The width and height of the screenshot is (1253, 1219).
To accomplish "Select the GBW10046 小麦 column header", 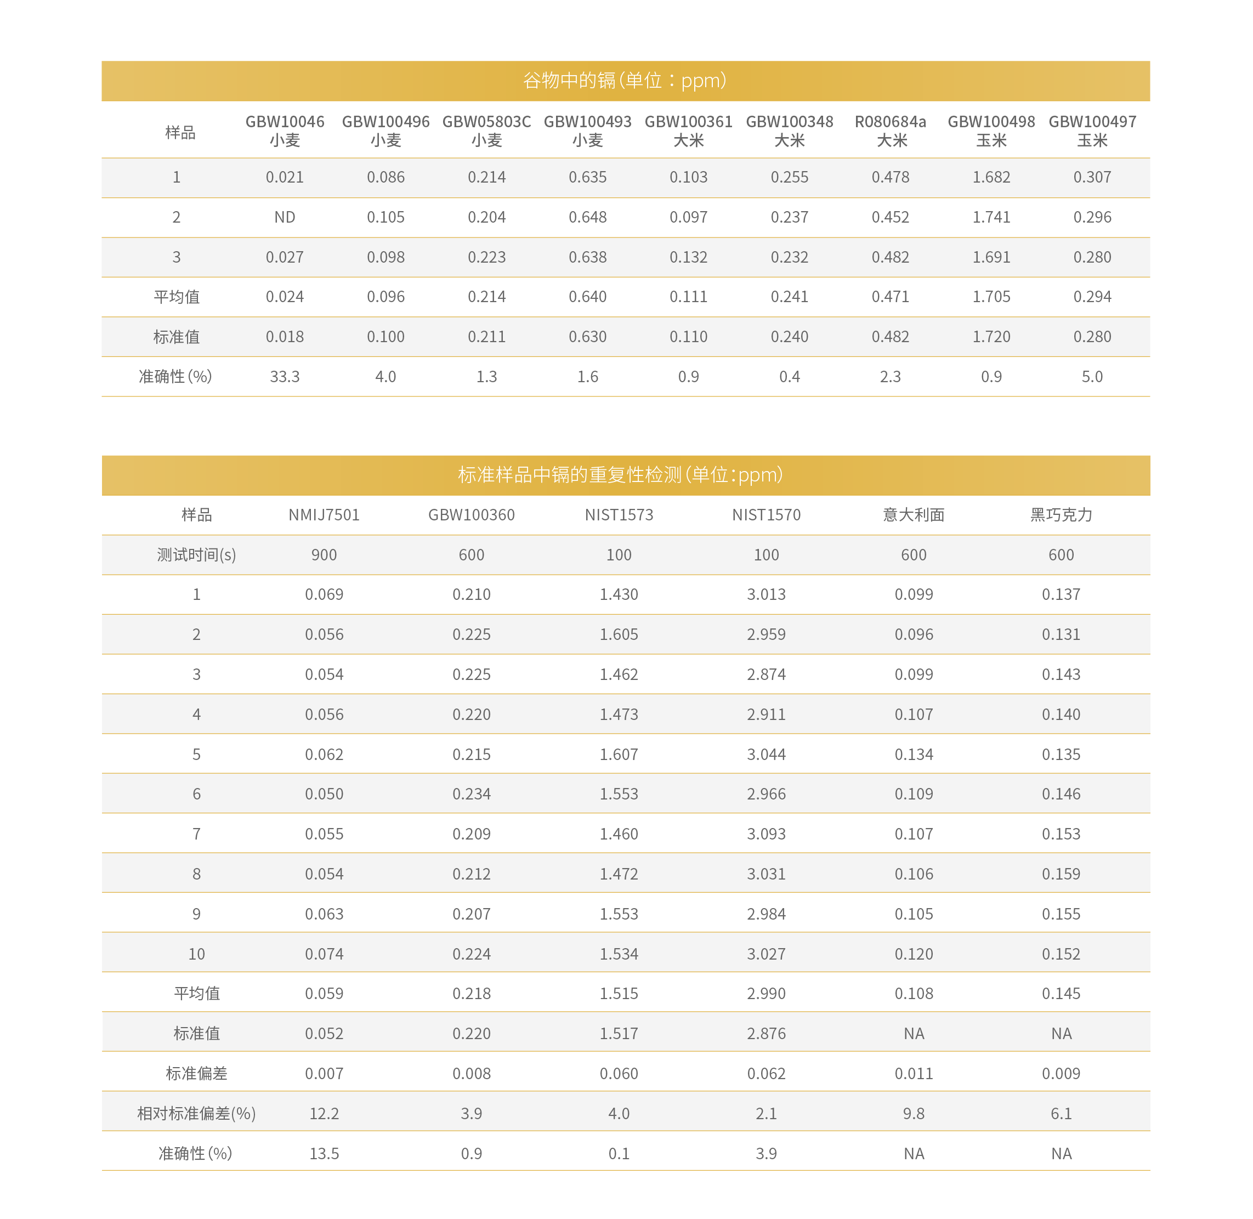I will click(285, 131).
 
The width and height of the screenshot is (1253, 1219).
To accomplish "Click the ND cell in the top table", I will click(285, 218).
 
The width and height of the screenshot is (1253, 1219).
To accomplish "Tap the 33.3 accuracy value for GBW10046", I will click(285, 377).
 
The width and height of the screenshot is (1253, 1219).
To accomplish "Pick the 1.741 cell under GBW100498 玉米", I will click(991, 218).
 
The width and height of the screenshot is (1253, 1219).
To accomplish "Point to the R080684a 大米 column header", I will click(890, 131).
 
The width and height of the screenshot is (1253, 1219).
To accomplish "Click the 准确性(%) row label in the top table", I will click(175, 377).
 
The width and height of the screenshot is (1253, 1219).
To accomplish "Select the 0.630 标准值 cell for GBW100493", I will click(588, 337).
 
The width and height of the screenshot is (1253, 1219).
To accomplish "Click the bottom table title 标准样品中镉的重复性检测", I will click(620, 475).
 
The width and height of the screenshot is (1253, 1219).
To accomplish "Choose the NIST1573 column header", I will click(619, 515).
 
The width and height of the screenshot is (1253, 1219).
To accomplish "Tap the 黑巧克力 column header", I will click(1061, 515).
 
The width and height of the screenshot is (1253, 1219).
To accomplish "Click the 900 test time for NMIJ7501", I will click(324, 555).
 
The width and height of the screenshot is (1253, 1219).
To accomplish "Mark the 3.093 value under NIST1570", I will click(767, 834).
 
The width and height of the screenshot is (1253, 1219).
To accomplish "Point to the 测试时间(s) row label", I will click(196, 555).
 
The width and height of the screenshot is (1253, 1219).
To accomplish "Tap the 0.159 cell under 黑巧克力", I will click(1061, 875).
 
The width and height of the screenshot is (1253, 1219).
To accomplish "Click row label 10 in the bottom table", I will click(196, 955).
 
